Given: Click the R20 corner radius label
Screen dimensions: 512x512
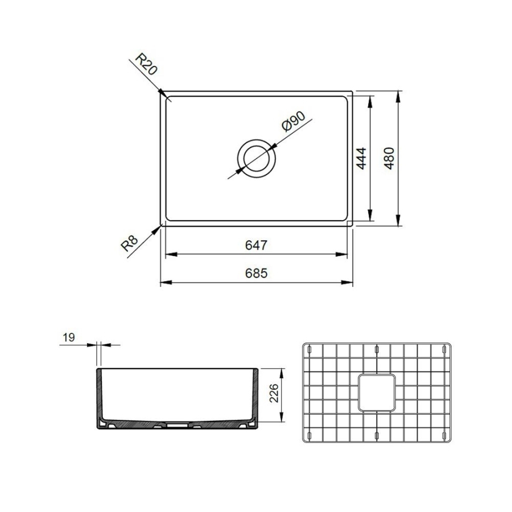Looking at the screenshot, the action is [x=147, y=65].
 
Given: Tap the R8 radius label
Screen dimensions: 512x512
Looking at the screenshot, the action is [x=130, y=242].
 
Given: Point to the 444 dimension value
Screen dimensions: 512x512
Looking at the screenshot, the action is [x=361, y=159].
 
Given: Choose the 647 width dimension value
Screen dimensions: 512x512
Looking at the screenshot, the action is [x=257, y=245].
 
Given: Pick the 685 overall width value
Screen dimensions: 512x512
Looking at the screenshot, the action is [x=257, y=273].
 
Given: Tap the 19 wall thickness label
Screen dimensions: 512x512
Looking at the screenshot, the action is [x=69, y=337].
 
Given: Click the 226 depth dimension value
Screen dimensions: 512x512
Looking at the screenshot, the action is [x=274, y=394].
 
